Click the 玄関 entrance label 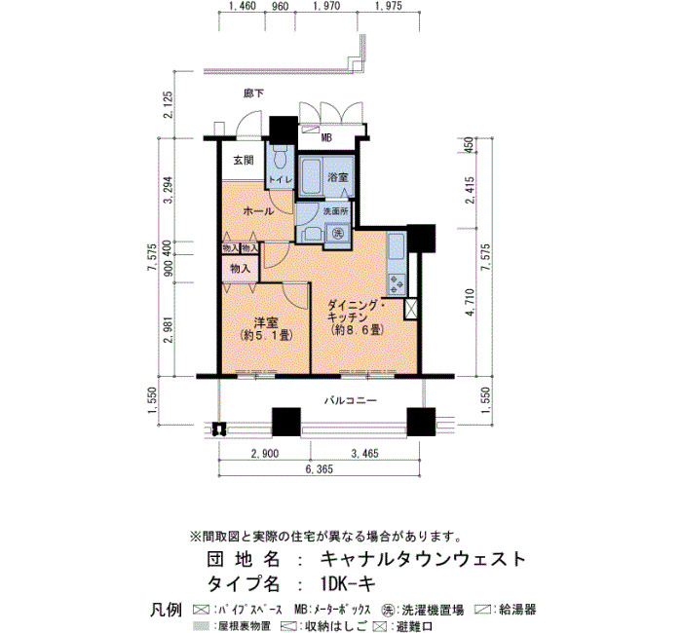[244, 161]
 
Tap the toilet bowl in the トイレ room [281, 158]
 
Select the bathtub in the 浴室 [311, 175]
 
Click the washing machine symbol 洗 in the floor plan [337, 233]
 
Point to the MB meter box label [326, 138]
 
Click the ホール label [258, 211]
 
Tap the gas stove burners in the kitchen [397, 284]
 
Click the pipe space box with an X [410, 309]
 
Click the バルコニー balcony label [350, 400]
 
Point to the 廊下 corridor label [253, 93]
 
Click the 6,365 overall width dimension [319, 469]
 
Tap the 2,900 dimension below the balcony [264, 454]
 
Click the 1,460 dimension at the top [242, 6]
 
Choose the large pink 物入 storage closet [240, 269]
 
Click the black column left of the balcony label [286, 422]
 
